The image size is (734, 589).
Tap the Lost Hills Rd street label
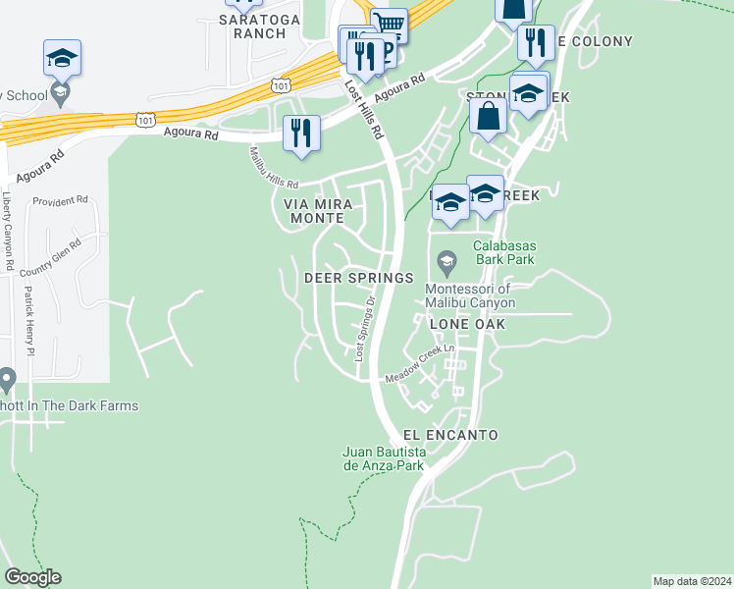pos(362,107)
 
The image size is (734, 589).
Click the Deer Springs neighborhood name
pos(358,278)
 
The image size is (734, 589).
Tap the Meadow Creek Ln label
pos(421,364)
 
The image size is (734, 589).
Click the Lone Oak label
pos(467,323)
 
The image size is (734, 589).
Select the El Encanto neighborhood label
pos(450,435)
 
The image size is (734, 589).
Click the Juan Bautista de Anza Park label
pos(383,458)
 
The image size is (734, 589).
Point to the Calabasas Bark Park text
pos(504,253)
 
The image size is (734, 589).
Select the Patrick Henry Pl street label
pos(29,320)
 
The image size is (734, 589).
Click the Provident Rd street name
pos(60,200)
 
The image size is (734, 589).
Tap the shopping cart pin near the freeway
pos(390,24)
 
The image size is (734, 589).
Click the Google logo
pos(32,577)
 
